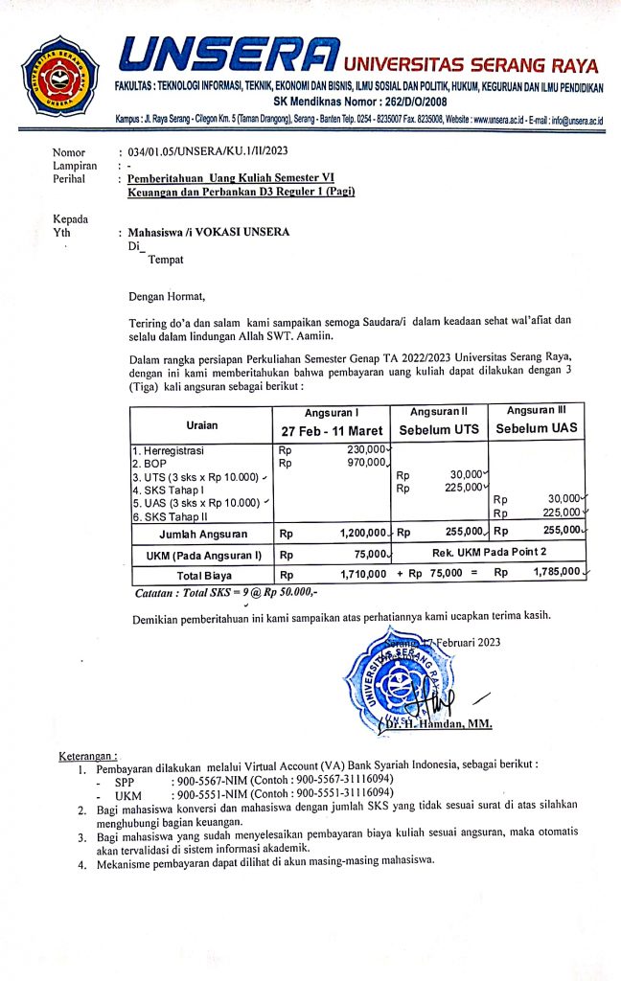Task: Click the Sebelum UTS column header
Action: (438, 429)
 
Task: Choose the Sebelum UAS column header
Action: (536, 428)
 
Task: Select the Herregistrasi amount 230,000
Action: (367, 449)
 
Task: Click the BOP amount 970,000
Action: (367, 463)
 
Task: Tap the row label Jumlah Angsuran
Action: (202, 533)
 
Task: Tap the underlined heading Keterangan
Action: (88, 758)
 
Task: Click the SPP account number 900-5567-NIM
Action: (207, 782)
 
